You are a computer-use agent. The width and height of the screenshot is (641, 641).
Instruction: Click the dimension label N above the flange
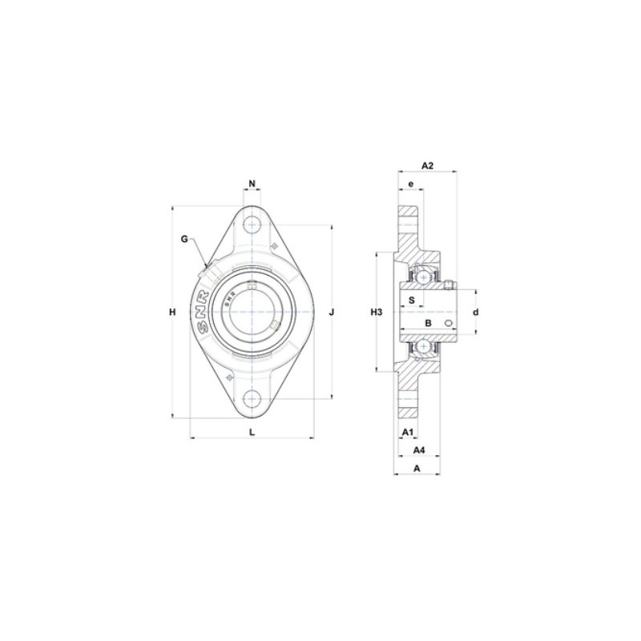coord(252,183)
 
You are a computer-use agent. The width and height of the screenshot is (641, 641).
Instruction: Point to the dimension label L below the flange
coord(252,432)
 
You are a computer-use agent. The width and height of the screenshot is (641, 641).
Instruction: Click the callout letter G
coord(183,239)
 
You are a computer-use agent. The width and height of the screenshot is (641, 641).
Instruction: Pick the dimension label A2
coord(426,165)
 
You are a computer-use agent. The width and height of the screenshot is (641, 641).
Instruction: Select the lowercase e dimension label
coord(410,184)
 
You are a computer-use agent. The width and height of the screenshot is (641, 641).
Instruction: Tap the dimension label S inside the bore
coord(412,300)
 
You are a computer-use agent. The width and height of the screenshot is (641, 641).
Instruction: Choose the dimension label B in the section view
coord(428,323)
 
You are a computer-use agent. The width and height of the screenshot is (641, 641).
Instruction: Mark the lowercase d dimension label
coord(475,312)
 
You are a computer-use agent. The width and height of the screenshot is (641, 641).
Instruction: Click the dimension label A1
coord(406,432)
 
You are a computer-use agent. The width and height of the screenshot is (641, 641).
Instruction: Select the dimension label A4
coord(417,450)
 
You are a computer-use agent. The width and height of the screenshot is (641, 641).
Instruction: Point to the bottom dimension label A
coord(416,469)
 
